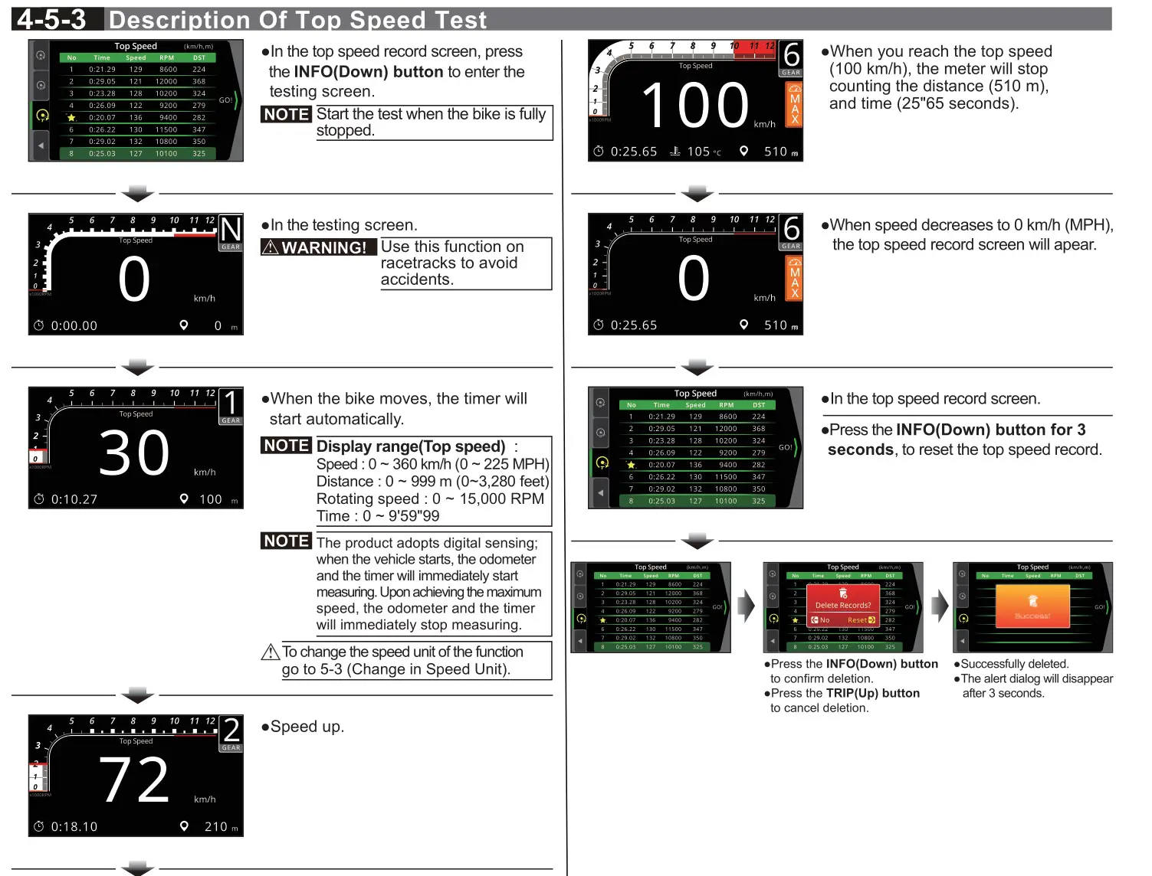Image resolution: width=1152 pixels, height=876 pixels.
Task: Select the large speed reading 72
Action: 134,781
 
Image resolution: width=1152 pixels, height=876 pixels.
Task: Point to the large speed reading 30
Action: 134,453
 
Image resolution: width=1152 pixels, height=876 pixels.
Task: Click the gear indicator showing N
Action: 231,230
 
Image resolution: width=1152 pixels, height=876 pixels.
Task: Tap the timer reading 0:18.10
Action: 74,827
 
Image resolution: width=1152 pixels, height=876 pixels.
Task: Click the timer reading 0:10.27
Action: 74,499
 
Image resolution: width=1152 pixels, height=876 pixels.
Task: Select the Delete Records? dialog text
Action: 842,605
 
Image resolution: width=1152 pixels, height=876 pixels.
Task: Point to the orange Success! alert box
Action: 1032,606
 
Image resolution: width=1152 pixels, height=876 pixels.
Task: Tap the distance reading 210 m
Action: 219,827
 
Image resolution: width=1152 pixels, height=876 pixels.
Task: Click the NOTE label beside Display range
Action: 286,446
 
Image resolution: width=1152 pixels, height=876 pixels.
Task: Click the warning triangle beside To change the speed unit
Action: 270,652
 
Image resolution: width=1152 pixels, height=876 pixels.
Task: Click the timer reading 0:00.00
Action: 74,325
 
